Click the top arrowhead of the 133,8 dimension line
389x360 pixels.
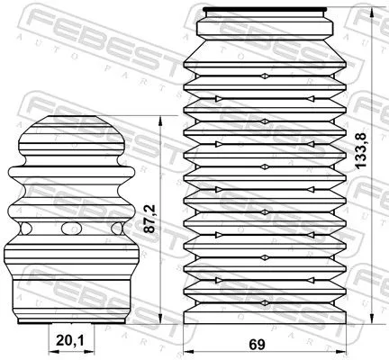pos(371,11)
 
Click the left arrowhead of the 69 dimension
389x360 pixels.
pos(187,351)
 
